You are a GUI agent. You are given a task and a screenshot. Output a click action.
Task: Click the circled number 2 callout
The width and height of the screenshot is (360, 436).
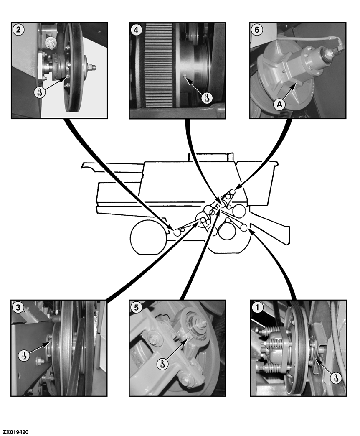point(18,30)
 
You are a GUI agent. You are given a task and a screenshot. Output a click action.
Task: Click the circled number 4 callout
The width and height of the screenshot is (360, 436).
point(136,30)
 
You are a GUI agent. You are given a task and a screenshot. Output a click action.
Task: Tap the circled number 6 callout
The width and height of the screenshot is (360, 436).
point(257,30)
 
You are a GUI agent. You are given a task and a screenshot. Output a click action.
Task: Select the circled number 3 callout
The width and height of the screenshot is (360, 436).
point(18,307)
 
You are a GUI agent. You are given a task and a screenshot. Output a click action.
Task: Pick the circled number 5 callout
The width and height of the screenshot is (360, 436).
point(136,307)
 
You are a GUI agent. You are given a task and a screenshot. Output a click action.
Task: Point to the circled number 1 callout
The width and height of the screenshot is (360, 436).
point(257,307)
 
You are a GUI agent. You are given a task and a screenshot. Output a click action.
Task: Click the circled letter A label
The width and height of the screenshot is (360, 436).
point(279,105)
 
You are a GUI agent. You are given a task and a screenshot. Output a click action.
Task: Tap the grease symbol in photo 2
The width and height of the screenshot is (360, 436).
point(39,92)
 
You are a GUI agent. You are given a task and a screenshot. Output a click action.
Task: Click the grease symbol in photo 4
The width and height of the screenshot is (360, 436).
point(207,98)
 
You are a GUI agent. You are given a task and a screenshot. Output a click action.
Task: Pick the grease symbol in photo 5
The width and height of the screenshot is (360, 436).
point(162,364)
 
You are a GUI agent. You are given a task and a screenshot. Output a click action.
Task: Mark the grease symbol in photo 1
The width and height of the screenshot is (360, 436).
point(335,378)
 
